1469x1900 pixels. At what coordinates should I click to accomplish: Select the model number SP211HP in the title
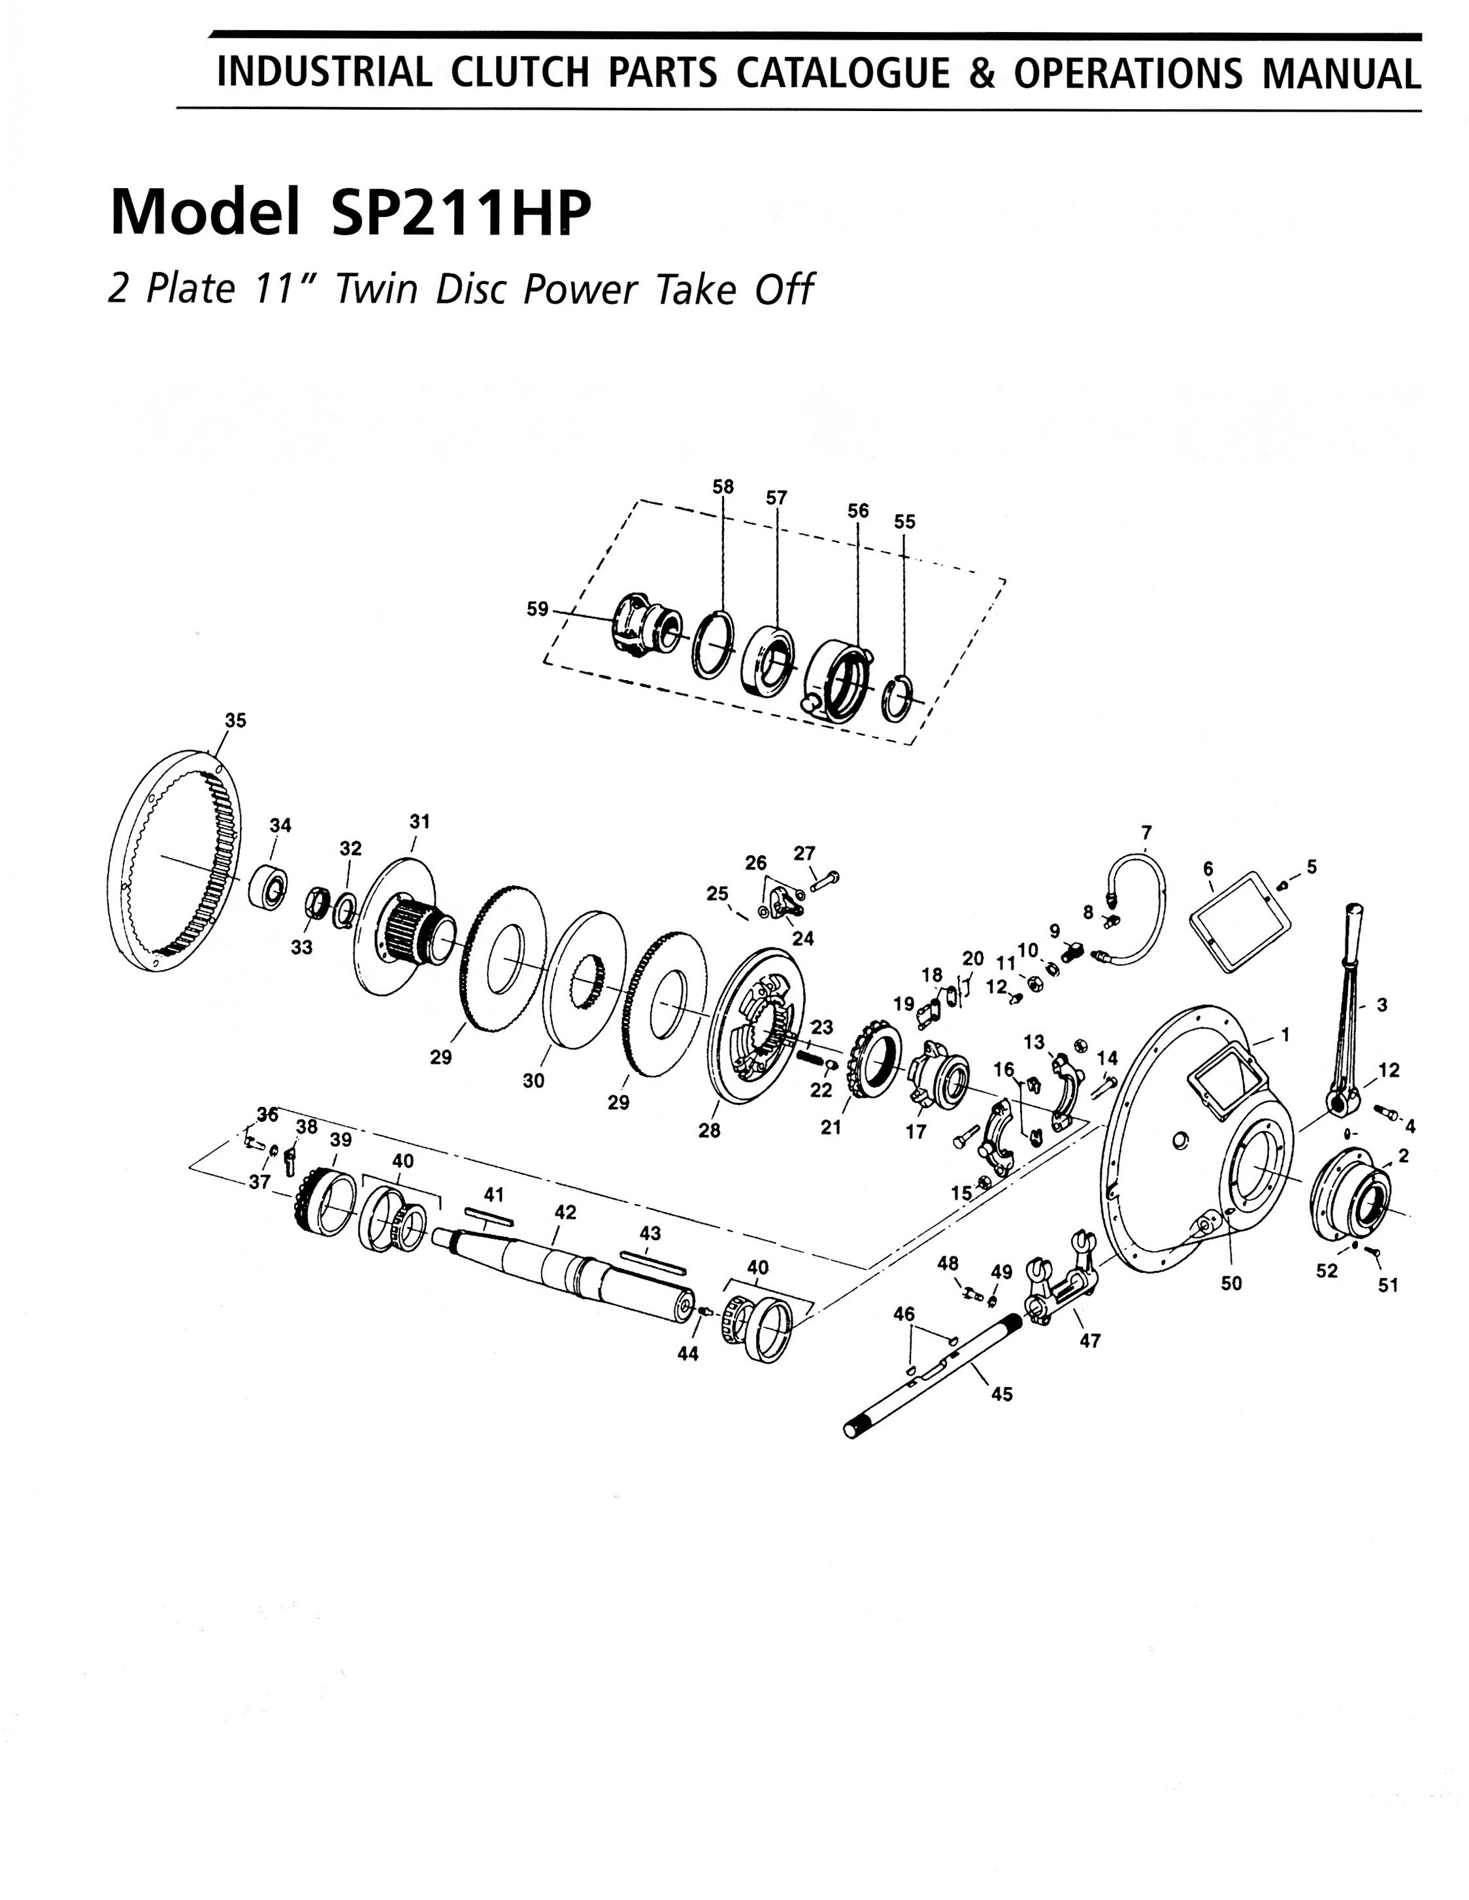click(x=461, y=213)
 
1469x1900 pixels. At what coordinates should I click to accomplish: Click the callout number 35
click(x=235, y=720)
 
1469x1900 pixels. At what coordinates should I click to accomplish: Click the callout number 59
click(x=538, y=609)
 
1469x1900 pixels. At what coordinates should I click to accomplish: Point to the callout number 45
click(x=1002, y=1394)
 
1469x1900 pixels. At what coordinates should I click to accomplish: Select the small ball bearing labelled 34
click(x=270, y=887)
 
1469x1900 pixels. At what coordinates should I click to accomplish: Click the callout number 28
click(x=709, y=1131)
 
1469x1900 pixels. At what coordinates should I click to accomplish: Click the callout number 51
click(x=1388, y=1285)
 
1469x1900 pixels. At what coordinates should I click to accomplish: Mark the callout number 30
click(x=533, y=1081)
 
